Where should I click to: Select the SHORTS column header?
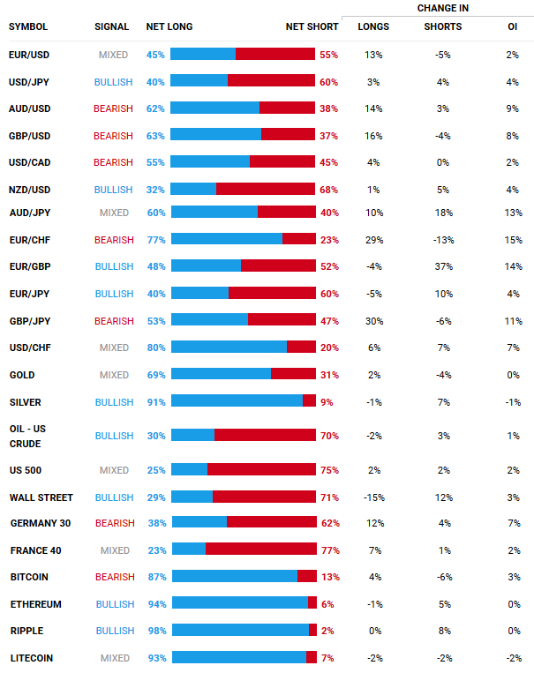click(x=442, y=26)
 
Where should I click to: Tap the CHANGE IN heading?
click(x=442, y=8)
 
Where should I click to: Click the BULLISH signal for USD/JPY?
click(x=113, y=82)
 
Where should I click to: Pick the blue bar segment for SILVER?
click(x=237, y=400)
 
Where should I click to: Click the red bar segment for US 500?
click(x=261, y=469)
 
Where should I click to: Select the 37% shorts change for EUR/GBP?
click(x=442, y=265)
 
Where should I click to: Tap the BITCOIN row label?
click(x=29, y=577)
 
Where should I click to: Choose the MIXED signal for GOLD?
click(x=114, y=375)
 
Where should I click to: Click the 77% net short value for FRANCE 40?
click(x=330, y=550)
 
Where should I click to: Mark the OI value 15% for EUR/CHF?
click(x=513, y=239)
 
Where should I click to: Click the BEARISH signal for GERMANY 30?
click(x=115, y=523)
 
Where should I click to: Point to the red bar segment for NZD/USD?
click(x=266, y=189)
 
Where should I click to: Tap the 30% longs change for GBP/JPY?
click(x=373, y=321)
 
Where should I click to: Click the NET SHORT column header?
click(x=312, y=26)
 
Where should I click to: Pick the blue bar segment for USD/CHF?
click(x=229, y=347)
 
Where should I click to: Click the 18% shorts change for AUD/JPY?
click(x=442, y=213)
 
